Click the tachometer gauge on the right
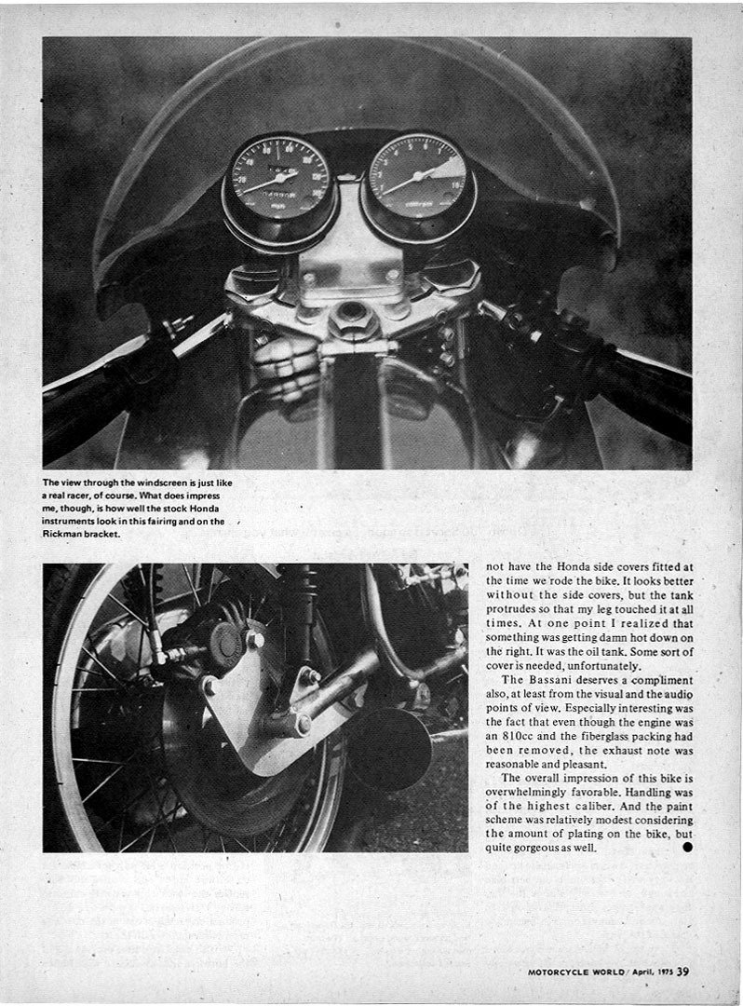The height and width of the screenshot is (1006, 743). pos(417,180)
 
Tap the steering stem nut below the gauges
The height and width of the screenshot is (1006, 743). pos(353,319)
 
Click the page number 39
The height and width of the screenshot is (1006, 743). pos(683,973)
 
